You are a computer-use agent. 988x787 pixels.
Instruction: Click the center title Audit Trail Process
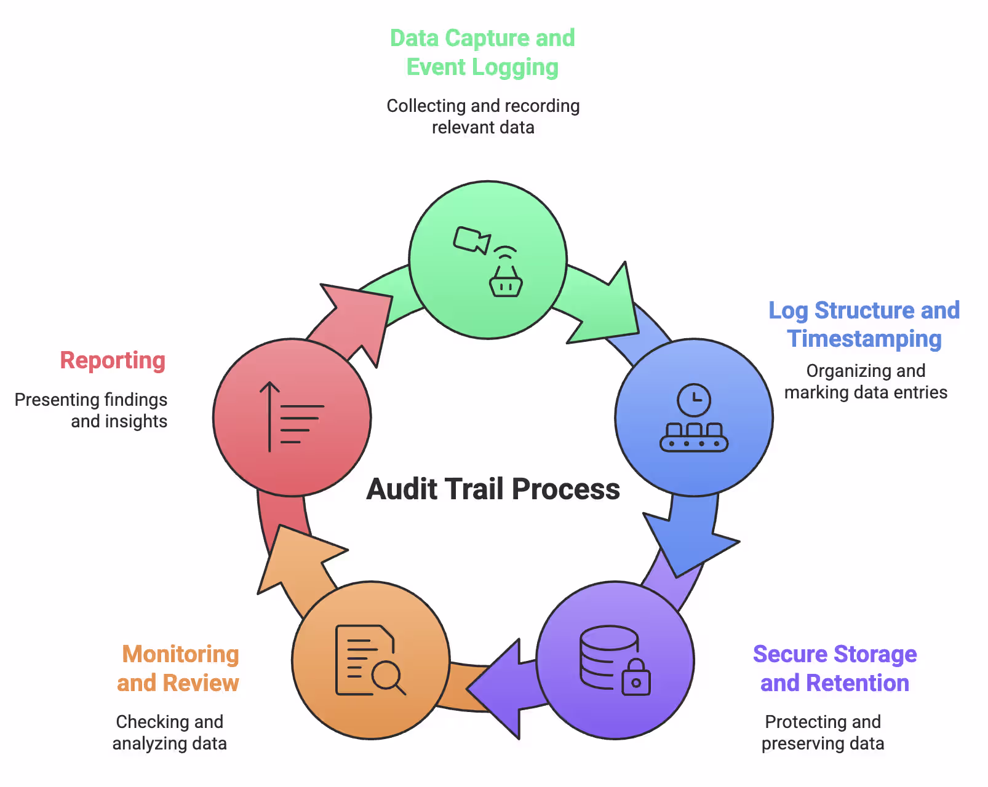coord(493,489)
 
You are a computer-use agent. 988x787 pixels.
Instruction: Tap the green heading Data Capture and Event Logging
coord(482,53)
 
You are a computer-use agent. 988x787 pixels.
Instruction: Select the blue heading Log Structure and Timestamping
coord(864,325)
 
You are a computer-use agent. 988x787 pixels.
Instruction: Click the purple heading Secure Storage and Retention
coord(835,668)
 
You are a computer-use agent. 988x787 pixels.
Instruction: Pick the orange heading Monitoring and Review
coord(178,668)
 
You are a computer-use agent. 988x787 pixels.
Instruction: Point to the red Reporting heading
coord(113,360)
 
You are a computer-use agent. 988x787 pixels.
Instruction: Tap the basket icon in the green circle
coord(506,283)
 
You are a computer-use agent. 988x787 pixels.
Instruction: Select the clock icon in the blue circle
coord(694,400)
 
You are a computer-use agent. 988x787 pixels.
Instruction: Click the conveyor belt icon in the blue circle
coord(694,438)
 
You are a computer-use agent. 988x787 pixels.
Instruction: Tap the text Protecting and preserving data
coord(823,732)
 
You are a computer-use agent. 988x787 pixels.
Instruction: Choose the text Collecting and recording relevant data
coord(483,116)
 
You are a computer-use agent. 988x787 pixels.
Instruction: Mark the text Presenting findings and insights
coord(91,410)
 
